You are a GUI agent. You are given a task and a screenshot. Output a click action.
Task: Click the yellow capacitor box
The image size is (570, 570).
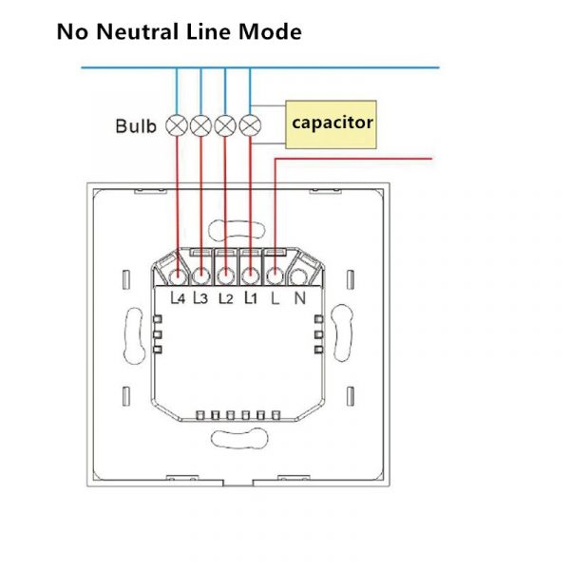[x=332, y=123]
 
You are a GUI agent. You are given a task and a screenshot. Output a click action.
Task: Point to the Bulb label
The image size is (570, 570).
[x=136, y=125]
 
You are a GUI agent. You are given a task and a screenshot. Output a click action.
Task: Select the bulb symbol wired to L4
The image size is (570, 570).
[x=177, y=124]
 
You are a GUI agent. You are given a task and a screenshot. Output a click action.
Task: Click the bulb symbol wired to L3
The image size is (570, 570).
[x=201, y=124]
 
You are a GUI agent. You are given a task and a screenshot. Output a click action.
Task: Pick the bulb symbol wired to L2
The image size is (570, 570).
[x=225, y=124]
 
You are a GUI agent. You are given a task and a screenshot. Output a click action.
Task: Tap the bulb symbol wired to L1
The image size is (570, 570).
[x=250, y=124]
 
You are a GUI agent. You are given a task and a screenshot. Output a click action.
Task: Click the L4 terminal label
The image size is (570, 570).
[x=178, y=298]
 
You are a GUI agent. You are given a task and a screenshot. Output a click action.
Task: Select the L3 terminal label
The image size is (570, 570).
[x=201, y=298]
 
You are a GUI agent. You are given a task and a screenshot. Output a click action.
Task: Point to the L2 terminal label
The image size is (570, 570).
[x=225, y=298]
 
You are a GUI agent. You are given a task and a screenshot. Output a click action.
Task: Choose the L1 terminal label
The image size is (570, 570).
[x=250, y=298]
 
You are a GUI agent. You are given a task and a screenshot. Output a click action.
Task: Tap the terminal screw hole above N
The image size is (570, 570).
[x=299, y=276]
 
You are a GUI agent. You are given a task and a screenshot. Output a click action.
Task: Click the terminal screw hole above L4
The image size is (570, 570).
[x=178, y=276]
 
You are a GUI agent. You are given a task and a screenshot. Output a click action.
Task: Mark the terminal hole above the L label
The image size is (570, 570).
[x=275, y=276]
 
